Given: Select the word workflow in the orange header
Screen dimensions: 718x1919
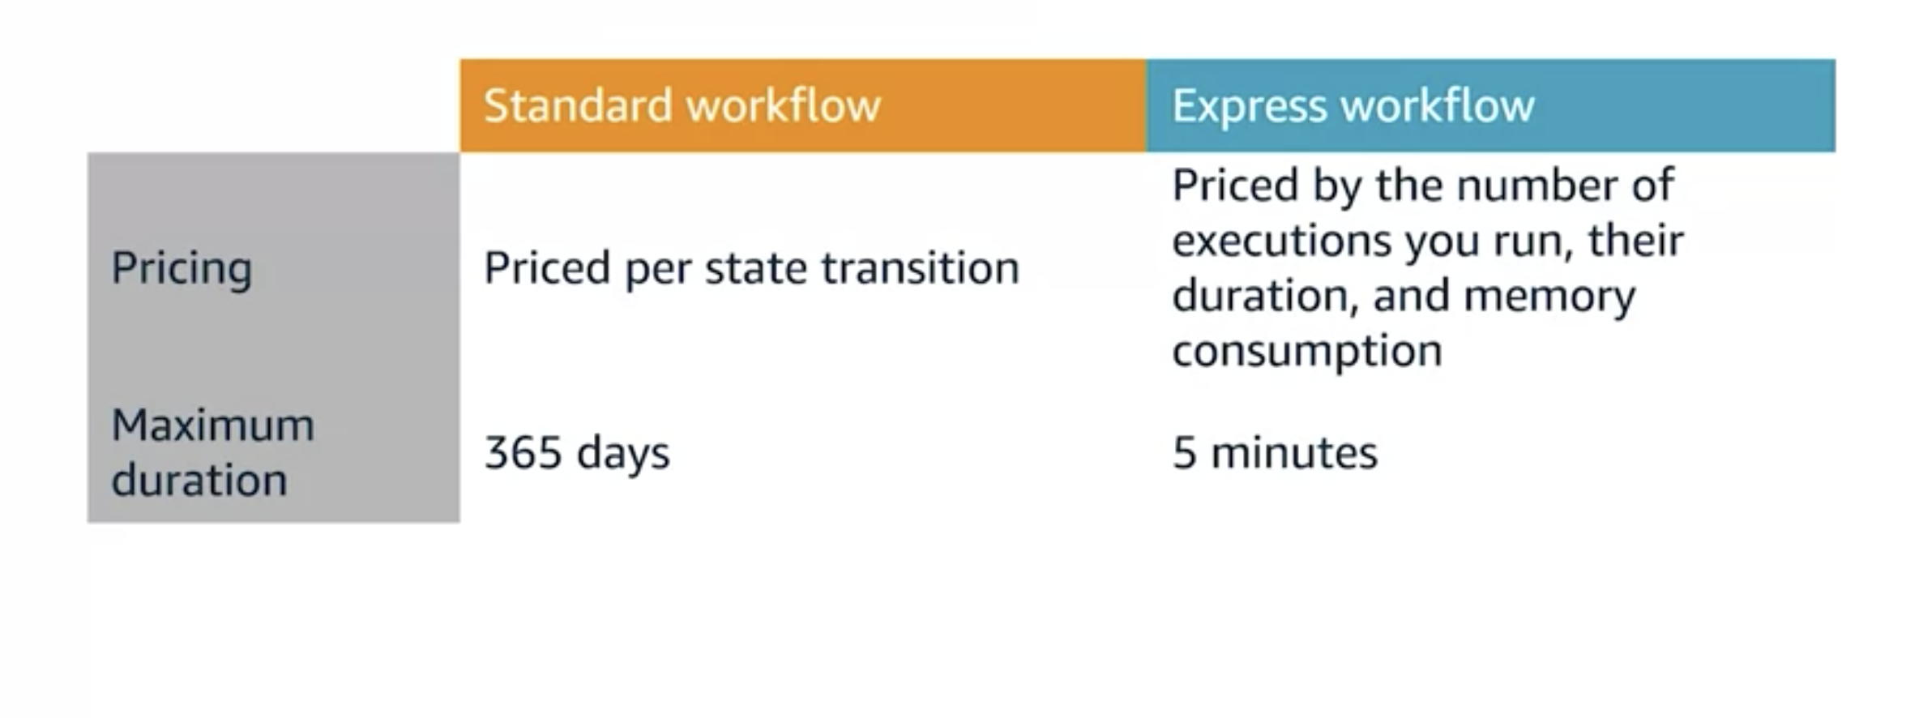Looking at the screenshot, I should tap(783, 105).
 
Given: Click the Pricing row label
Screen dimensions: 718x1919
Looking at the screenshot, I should tap(182, 268).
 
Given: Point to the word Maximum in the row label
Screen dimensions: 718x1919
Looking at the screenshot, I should tap(212, 425).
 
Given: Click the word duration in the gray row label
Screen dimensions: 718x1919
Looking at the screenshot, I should tap(199, 480).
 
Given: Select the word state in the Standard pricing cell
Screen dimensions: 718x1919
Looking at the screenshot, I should tap(755, 268).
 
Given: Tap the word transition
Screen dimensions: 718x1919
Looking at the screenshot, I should tap(920, 268).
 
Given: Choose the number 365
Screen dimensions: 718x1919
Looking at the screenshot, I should tap(523, 452).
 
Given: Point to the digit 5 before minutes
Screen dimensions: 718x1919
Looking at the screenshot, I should tap(1184, 452).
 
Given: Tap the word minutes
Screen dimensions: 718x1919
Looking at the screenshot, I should tap(1293, 452).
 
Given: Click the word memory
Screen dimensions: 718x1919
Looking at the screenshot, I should tap(1549, 296).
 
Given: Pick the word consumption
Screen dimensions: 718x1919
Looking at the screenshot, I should tap(1306, 352).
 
